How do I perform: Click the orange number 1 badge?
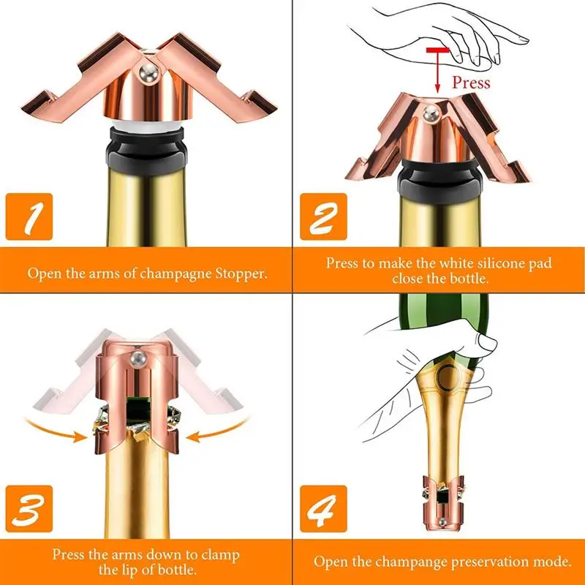(29, 216)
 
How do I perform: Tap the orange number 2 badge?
(323, 216)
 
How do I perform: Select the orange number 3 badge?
(29, 509)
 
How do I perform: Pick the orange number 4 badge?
(323, 509)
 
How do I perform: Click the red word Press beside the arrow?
(471, 83)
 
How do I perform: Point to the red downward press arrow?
(437, 70)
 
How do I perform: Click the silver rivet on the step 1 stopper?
(148, 72)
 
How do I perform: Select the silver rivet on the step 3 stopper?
(137, 358)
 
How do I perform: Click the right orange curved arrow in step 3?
(218, 431)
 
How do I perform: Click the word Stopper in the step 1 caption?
(241, 273)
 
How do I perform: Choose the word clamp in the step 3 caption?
(220, 555)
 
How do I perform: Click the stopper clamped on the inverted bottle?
(443, 502)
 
